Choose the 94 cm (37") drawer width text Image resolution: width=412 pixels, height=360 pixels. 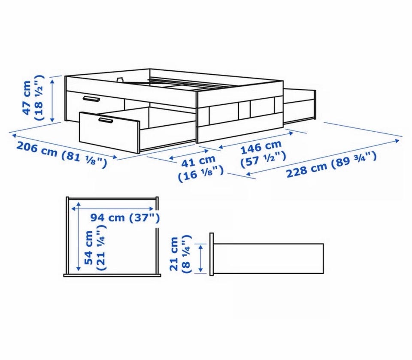[125, 218]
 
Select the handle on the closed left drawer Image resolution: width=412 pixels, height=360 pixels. [91, 99]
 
